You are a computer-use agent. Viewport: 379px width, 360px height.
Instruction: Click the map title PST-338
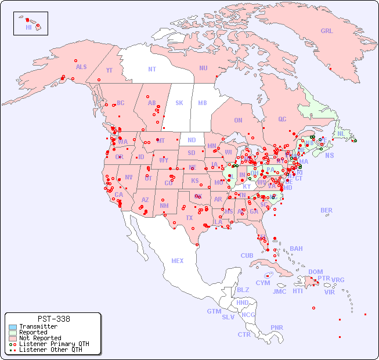pos(53,319)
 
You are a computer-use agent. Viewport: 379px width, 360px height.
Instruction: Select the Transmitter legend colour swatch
pos(12,327)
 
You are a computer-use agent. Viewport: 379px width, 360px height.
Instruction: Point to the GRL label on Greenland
pos(327,31)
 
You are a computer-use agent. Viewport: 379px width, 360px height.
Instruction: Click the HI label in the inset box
pos(28,27)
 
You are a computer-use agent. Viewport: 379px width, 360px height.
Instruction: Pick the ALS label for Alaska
pos(81,67)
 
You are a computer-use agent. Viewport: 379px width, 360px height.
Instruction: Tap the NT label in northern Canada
pos(152,69)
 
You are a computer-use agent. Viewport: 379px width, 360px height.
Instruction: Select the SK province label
pos(179,103)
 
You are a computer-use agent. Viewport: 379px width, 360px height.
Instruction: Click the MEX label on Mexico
pos(178,261)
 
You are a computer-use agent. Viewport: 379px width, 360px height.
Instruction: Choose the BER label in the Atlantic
pos(327,210)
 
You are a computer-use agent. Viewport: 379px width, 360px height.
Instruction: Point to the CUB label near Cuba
pos(247,255)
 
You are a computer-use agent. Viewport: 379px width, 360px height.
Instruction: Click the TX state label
pos(189,218)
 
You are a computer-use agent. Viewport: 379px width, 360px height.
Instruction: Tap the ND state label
pos(192,140)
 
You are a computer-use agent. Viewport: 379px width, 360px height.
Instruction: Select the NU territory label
pos(203,68)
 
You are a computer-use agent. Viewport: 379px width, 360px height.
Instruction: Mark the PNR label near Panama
pos(277,327)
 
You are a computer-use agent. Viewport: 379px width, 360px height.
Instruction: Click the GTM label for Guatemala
pos(214,311)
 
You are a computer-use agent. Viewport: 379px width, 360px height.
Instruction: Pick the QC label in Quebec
pos(282,119)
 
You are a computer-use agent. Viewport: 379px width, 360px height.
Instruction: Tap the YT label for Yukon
pos(109,70)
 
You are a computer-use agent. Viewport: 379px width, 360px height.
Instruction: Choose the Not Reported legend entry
pos(40,338)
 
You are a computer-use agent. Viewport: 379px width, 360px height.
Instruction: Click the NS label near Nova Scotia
pos(330,155)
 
